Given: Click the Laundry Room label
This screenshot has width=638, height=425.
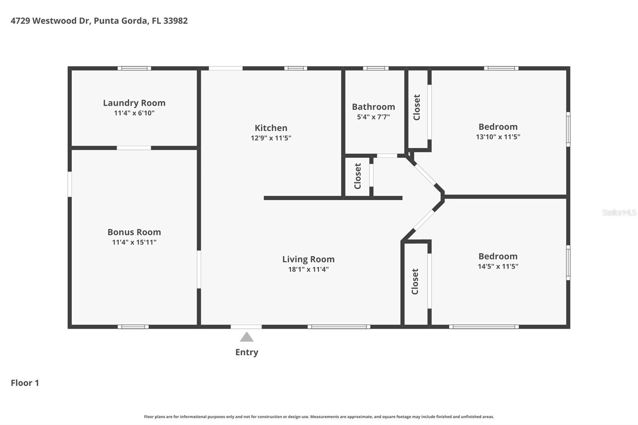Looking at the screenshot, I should [134, 103].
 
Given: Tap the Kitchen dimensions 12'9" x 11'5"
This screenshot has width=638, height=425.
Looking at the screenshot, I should [271, 138].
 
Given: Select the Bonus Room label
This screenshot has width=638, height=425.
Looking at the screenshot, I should [134, 232].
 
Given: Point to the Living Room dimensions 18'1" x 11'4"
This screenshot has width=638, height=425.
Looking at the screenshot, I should [308, 269].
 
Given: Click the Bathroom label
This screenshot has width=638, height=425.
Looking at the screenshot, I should [373, 107].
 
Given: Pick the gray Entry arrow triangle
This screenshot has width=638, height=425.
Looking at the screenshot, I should [246, 337].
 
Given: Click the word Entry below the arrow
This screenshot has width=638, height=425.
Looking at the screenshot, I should [246, 352].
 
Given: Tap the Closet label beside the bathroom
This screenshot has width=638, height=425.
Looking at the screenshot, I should [417, 107].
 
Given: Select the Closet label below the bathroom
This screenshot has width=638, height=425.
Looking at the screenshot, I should [358, 176].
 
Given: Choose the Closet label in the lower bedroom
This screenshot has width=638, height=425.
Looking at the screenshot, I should [415, 281].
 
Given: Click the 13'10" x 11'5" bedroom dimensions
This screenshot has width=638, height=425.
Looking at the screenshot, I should [498, 137].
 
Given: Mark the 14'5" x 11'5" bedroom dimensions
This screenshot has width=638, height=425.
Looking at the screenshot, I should [498, 266].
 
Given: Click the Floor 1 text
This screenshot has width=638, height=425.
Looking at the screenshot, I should [25, 383].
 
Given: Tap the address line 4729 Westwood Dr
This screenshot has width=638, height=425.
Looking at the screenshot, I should [99, 21].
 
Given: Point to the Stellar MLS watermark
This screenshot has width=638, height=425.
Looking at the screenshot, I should [619, 212].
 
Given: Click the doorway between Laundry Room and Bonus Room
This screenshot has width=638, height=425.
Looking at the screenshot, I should [134, 148].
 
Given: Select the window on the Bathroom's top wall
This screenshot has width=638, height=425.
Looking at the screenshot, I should [375, 68].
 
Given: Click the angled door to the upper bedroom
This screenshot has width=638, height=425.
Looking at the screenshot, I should [425, 173].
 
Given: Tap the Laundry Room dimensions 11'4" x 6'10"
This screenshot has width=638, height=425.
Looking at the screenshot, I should [134, 113].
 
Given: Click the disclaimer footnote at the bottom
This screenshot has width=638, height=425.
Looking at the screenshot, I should [319, 417].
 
